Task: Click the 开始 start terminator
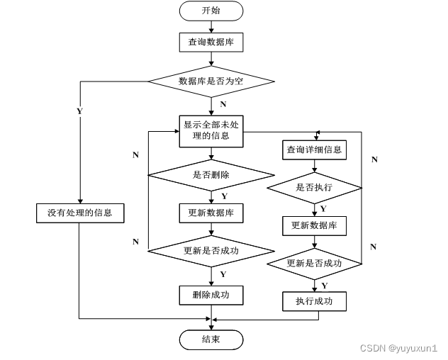tap(211, 11)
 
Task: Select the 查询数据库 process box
tap(211, 43)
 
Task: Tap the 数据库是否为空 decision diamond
tap(211, 81)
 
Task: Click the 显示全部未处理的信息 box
tap(211, 130)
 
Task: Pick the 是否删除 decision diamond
tap(211, 174)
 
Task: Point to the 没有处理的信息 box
tap(80, 212)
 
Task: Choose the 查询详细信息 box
tap(314, 150)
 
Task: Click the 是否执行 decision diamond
tap(314, 188)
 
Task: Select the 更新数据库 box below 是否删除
tap(211, 213)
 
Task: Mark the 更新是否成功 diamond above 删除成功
tap(211, 250)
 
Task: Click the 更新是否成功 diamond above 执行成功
tap(314, 264)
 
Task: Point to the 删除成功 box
tap(211, 294)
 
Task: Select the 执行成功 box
tap(314, 302)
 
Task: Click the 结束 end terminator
tap(211, 340)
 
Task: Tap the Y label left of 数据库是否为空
tap(79, 111)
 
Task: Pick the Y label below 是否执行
tap(323, 208)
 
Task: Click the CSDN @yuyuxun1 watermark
tap(398, 349)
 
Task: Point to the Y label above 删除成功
tap(223, 274)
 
